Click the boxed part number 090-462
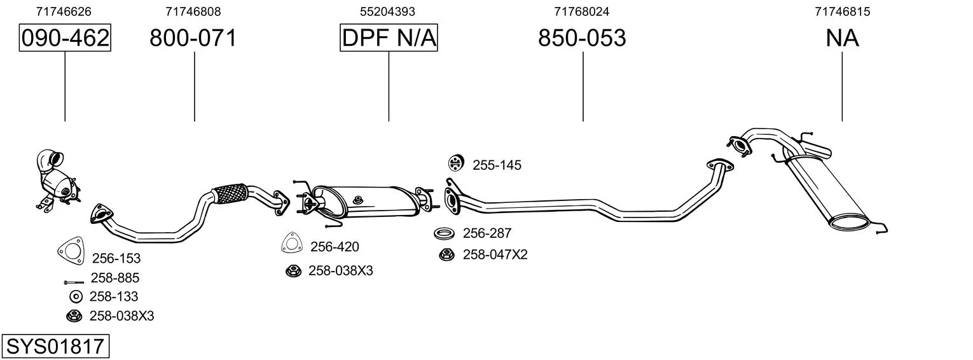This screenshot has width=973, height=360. pyautogui.click(x=65, y=38)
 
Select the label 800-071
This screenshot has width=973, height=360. pyautogui.click(x=193, y=38)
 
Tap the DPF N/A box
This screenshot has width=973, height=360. pyautogui.click(x=389, y=38)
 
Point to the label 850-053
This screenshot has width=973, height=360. pyautogui.click(x=582, y=38)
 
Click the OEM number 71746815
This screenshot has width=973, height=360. pyautogui.click(x=842, y=11)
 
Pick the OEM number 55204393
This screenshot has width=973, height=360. pyautogui.click(x=387, y=11)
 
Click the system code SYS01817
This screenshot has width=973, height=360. pyautogui.click(x=55, y=346)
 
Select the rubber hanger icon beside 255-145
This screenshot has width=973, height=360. pyautogui.click(x=456, y=163)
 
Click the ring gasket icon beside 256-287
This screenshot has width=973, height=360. pyautogui.click(x=444, y=233)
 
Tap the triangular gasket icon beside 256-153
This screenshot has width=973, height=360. pyautogui.click(x=71, y=251)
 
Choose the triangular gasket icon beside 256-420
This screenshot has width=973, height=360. pyautogui.click(x=292, y=243)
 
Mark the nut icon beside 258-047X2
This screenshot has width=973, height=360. pyautogui.click(x=446, y=254)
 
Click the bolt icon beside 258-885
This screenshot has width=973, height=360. pyautogui.click(x=74, y=282)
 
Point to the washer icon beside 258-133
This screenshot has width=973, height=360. pyautogui.click(x=76, y=296)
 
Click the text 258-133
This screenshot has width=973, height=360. pyautogui.click(x=114, y=296)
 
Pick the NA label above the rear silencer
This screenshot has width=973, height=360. pyautogui.click(x=842, y=38)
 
